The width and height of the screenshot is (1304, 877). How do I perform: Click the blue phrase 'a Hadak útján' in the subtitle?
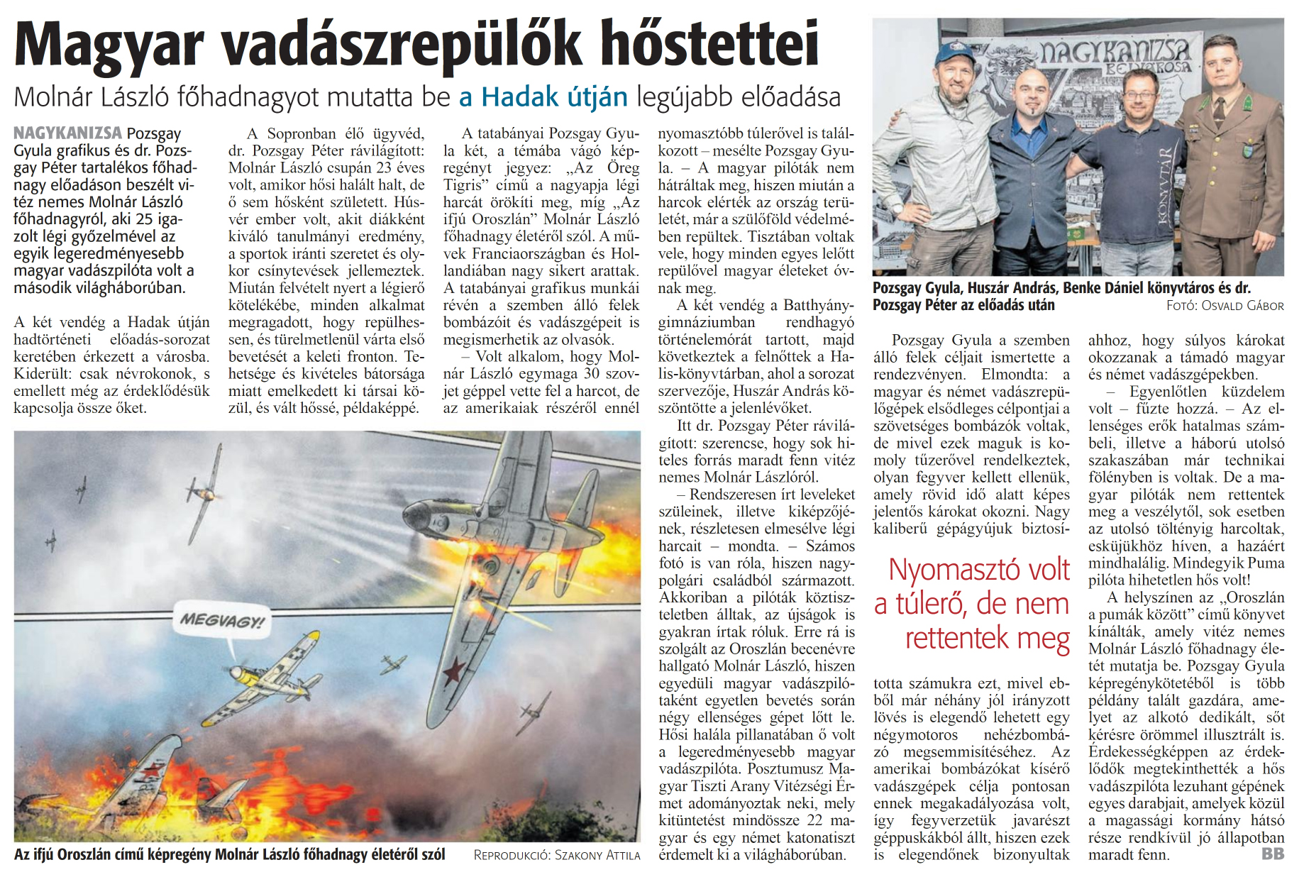[x=543, y=97]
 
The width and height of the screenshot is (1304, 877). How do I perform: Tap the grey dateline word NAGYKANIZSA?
[x=67, y=133]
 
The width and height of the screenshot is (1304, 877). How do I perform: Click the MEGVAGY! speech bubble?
[x=221, y=622]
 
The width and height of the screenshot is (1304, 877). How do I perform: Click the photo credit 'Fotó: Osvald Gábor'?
[x=1225, y=306]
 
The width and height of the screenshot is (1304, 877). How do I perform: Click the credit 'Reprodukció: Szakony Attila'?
[x=556, y=856]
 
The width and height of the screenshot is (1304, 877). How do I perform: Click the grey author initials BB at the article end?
[x=1273, y=854]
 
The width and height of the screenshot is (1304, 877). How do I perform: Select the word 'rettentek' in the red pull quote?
[x=958, y=638]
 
